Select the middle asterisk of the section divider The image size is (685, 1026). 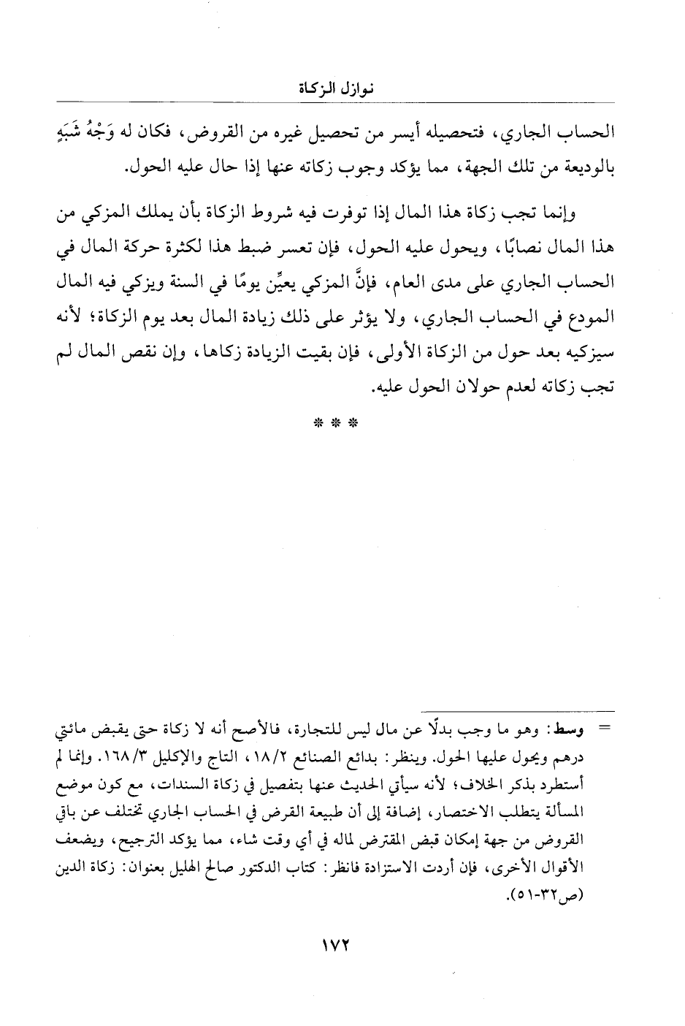[342, 423]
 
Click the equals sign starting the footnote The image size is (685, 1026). [604, 729]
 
